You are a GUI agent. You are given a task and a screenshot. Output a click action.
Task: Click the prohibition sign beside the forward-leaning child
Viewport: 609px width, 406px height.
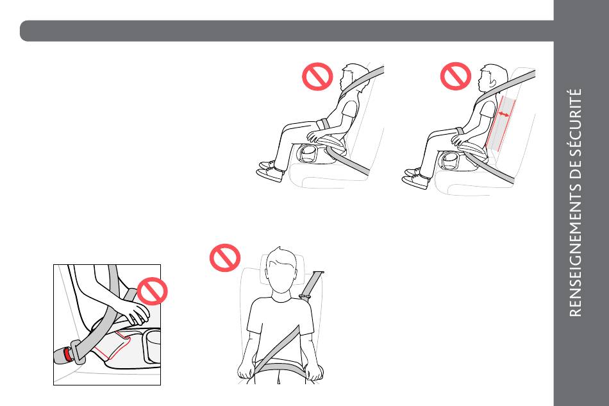click(x=317, y=76)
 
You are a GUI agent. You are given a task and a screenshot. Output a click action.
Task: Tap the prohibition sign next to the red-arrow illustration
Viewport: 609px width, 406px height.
click(x=456, y=76)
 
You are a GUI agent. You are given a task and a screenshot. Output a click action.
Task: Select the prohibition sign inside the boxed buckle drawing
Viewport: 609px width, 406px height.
click(x=152, y=291)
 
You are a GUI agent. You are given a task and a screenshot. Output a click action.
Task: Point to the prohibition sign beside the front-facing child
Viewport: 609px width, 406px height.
click(x=225, y=258)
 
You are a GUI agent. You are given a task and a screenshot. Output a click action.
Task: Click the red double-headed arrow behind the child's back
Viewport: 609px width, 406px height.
click(x=504, y=114)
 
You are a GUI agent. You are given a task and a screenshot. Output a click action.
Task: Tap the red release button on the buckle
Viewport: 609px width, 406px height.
click(x=68, y=355)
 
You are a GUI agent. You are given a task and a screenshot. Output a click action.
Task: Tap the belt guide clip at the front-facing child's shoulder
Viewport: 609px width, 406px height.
click(x=304, y=297)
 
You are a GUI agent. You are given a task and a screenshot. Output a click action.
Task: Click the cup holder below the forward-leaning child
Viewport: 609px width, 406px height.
click(x=307, y=153)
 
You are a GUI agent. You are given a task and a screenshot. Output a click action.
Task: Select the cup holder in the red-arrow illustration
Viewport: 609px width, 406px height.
click(x=449, y=160)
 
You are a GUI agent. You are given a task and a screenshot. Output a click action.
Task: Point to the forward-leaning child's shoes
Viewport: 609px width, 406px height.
click(x=270, y=172)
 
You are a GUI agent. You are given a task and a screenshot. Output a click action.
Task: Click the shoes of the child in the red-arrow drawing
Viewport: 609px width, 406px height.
click(x=415, y=178)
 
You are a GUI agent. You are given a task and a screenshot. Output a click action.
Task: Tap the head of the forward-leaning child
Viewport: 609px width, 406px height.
click(x=353, y=78)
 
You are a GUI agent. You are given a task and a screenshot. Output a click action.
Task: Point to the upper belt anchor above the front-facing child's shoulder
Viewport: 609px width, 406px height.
click(x=317, y=273)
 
